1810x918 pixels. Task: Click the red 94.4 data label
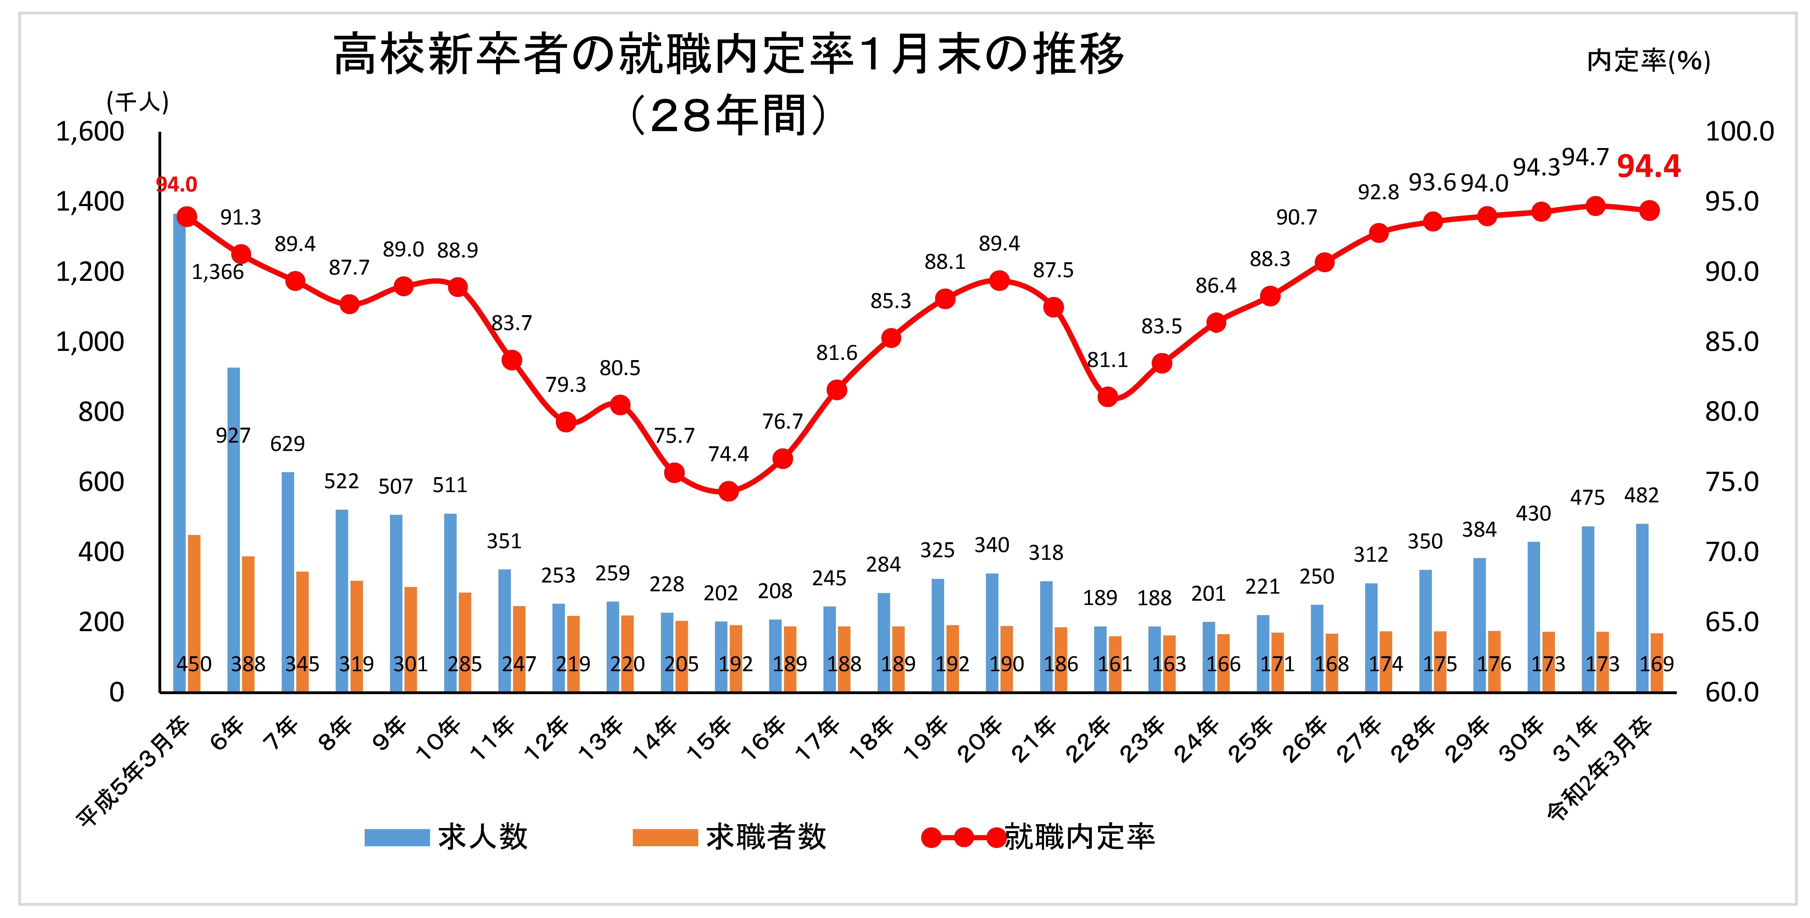tap(1648, 166)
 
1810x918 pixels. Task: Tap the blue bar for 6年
tap(233, 530)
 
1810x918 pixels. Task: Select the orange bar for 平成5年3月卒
tap(194, 613)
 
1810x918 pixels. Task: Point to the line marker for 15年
tap(729, 491)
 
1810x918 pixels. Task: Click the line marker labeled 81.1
tap(1107, 397)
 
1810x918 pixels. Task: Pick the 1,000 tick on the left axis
tap(90, 342)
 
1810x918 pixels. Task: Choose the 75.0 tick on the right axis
tap(1732, 482)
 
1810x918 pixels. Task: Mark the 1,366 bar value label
tap(218, 272)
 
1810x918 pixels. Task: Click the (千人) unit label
tap(138, 103)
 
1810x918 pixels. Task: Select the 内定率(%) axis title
tap(1648, 61)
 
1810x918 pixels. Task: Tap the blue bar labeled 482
tap(1642, 608)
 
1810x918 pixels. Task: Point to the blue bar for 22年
tap(1100, 659)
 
